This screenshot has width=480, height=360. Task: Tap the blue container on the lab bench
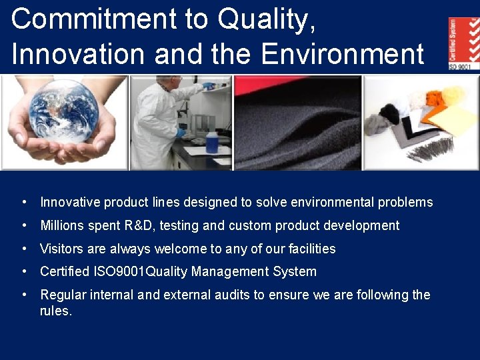pos(212,142)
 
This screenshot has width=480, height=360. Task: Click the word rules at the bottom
pos(55,311)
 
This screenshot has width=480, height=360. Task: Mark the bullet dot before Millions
pos(23,225)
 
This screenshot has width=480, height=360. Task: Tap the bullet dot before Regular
pos(23,295)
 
